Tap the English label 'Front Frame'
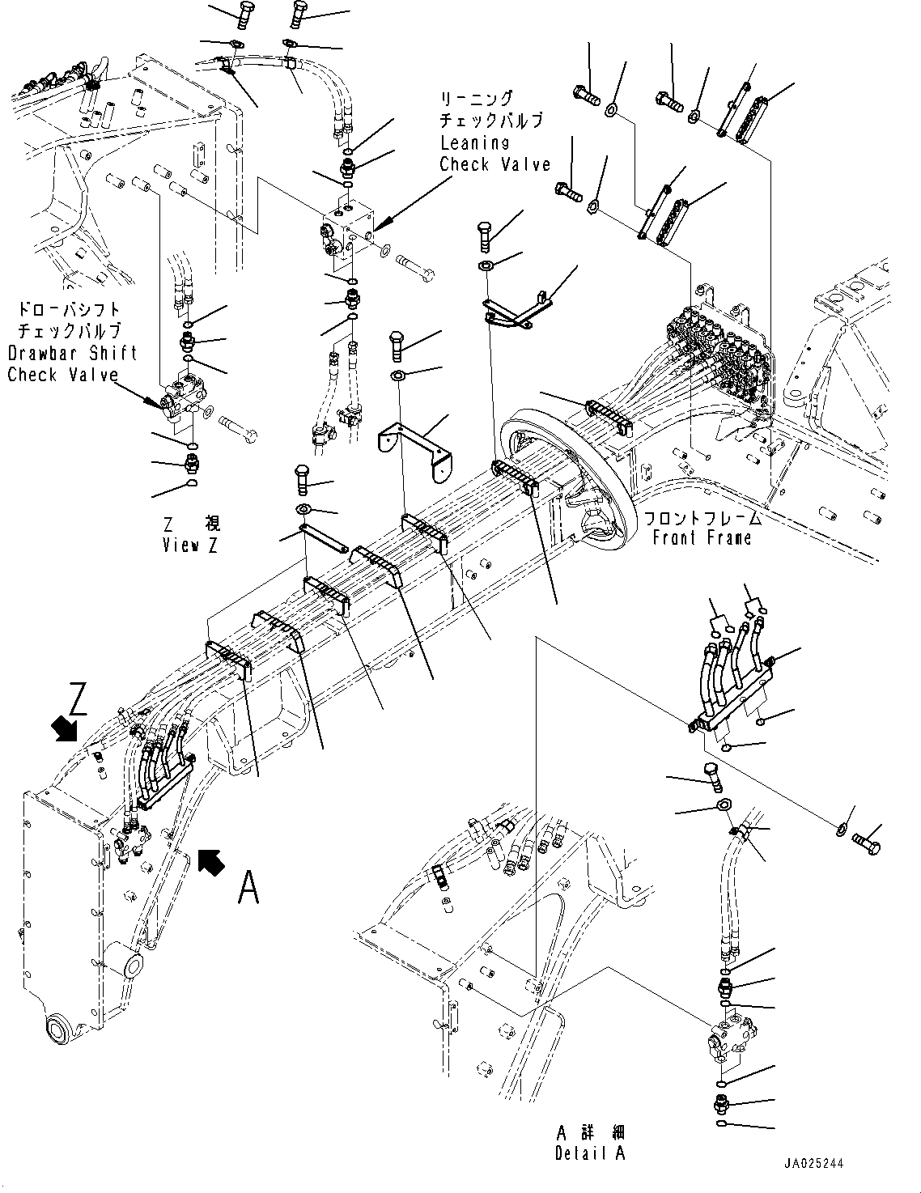pyautogui.click(x=702, y=537)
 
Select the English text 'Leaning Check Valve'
pyautogui.click(x=494, y=153)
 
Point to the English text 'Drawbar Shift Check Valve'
pyautogui.click(x=72, y=363)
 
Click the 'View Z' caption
pyautogui.click(x=190, y=546)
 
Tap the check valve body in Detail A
pyautogui.click(x=728, y=1038)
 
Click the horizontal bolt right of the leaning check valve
pyautogui.click(x=414, y=269)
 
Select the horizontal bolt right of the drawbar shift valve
pyautogui.click(x=237, y=427)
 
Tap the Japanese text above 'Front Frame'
pyautogui.click(x=702, y=518)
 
